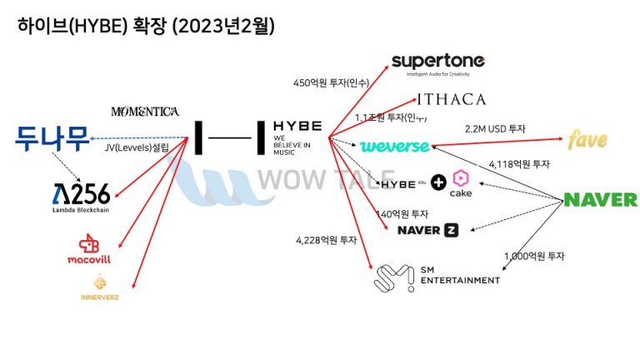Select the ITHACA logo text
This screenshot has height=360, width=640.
click(x=451, y=100)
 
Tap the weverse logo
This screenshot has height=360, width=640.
click(x=394, y=147)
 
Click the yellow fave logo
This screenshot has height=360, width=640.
click(x=587, y=139)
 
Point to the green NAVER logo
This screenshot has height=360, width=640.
click(x=600, y=200)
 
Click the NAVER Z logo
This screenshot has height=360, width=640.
click(x=427, y=230)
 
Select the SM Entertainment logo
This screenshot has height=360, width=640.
click(x=437, y=275)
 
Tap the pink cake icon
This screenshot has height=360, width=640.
click(x=461, y=178)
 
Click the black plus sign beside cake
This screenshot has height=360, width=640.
click(x=438, y=181)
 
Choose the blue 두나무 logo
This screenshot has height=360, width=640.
click(x=52, y=138)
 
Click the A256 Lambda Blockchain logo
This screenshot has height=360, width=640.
click(x=80, y=197)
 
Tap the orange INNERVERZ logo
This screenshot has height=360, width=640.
click(x=99, y=287)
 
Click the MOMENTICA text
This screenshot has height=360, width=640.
click(x=144, y=111)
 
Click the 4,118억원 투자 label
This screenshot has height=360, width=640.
click(x=519, y=164)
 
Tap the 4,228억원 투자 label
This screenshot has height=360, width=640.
click(x=326, y=240)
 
